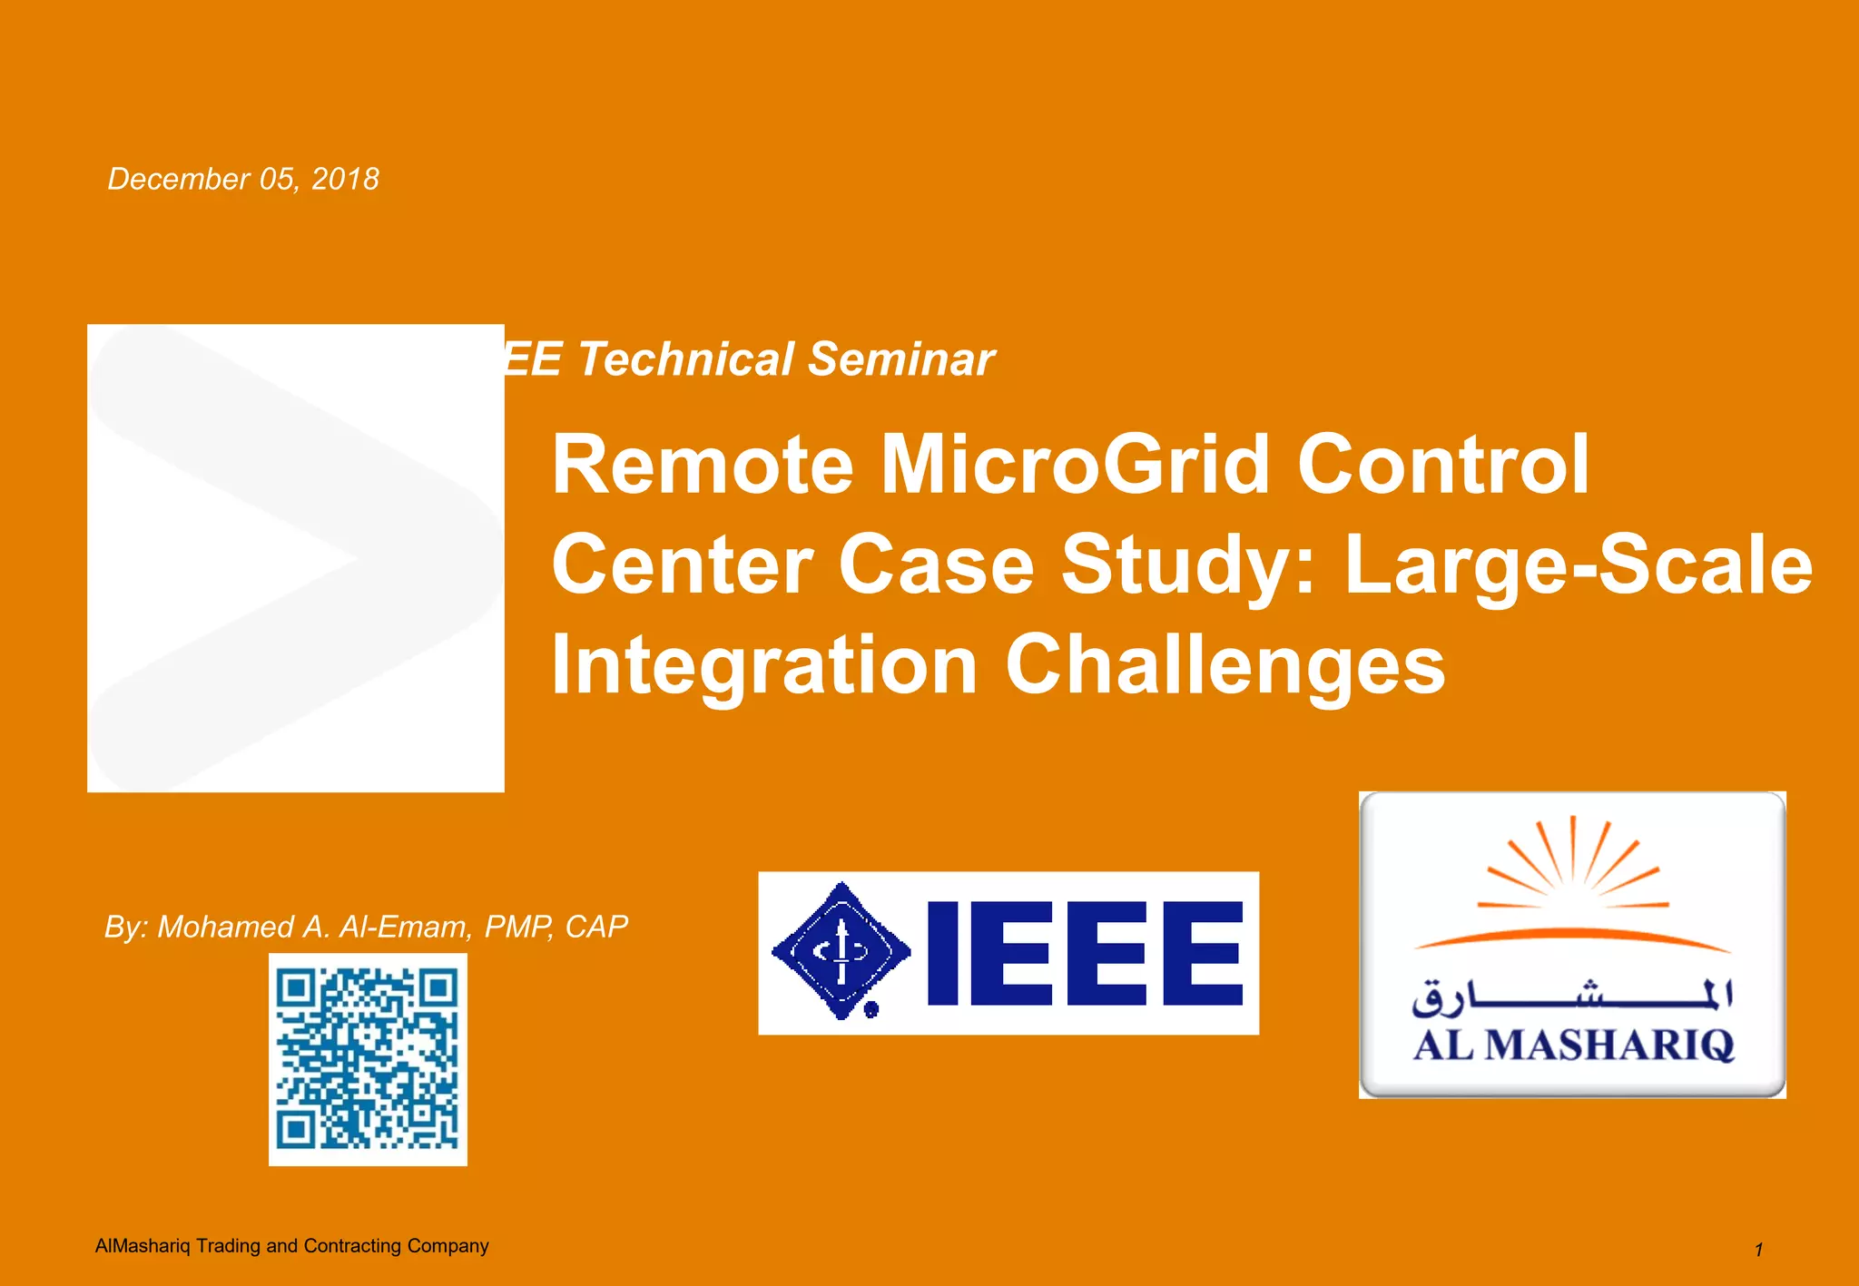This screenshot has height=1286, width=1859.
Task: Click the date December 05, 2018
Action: pyautogui.click(x=243, y=179)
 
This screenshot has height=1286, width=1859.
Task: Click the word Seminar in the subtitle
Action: pyautogui.click(x=900, y=359)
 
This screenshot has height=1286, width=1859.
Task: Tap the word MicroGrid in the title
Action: pyautogui.click(x=1074, y=465)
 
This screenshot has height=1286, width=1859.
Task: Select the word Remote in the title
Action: pyautogui.click(x=702, y=465)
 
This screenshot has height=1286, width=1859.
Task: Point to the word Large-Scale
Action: pyautogui.click(x=1578, y=564)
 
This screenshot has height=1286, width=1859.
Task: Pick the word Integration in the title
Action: pyautogui.click(x=764, y=666)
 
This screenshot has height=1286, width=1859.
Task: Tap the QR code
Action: pyautogui.click(x=368, y=1059)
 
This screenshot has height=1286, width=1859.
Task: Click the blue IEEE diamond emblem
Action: pyautogui.click(x=841, y=951)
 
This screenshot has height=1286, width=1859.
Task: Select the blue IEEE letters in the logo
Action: pyautogui.click(x=1085, y=953)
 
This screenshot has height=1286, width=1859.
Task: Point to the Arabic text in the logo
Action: pyautogui.click(x=1572, y=996)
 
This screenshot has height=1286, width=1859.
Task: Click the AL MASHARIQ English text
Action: pyautogui.click(x=1572, y=1045)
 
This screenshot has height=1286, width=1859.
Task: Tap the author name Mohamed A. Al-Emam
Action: pyautogui.click(x=314, y=927)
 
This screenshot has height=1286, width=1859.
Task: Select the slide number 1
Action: pyautogui.click(x=1758, y=1250)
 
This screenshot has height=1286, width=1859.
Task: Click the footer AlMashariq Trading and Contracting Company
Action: pyautogui.click(x=291, y=1245)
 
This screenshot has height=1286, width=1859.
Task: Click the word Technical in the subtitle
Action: pyautogui.click(x=686, y=359)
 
